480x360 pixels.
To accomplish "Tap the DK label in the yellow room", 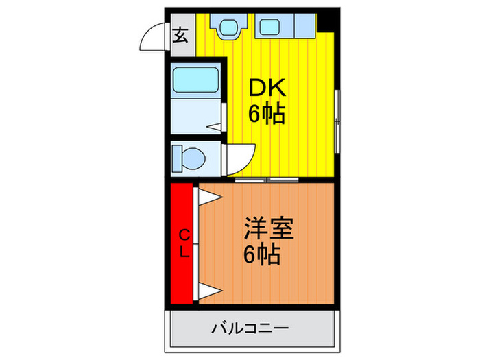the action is [x=267, y=88].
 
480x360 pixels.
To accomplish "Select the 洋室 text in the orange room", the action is [x=269, y=228].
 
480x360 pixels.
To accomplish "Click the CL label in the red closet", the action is [x=184, y=244].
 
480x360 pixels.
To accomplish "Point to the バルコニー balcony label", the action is [x=250, y=328].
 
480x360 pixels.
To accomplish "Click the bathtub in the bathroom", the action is [x=196, y=80].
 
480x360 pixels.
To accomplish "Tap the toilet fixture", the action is [x=189, y=159].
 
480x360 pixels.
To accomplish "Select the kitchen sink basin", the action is [x=269, y=27].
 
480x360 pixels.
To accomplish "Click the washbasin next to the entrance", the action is [x=228, y=27].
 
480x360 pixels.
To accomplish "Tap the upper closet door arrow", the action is [x=210, y=197].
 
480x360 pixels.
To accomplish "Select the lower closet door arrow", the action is [x=210, y=291].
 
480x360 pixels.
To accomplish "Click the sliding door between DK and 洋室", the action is [x=267, y=180].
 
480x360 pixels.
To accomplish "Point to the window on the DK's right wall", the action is [x=337, y=121].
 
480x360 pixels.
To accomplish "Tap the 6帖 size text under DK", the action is [x=267, y=114].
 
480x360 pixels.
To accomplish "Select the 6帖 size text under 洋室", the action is [x=262, y=254].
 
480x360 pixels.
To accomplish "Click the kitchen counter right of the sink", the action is [x=305, y=26].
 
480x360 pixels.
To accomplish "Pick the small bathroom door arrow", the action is [x=214, y=127].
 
